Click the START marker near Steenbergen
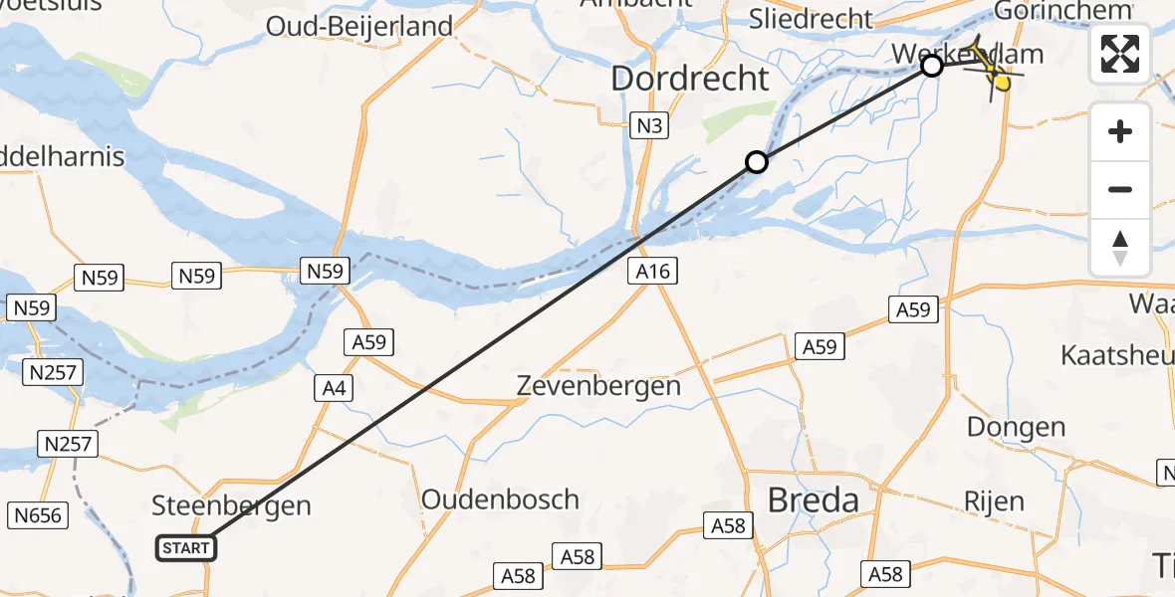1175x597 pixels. [x=186, y=548]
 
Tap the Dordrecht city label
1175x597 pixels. [x=690, y=79]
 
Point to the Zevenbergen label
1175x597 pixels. [x=598, y=385]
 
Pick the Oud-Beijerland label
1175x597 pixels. [x=359, y=26]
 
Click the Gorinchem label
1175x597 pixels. [x=1063, y=10]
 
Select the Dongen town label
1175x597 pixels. [x=1016, y=427]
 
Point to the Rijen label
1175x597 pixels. [x=994, y=500]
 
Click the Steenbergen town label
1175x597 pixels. [x=231, y=505]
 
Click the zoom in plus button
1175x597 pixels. [x=1120, y=132]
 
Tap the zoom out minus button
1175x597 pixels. [x=1120, y=189]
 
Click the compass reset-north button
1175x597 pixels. [x=1120, y=247]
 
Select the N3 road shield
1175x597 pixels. [x=649, y=125]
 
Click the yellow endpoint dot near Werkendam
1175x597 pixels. [x=1002, y=83]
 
